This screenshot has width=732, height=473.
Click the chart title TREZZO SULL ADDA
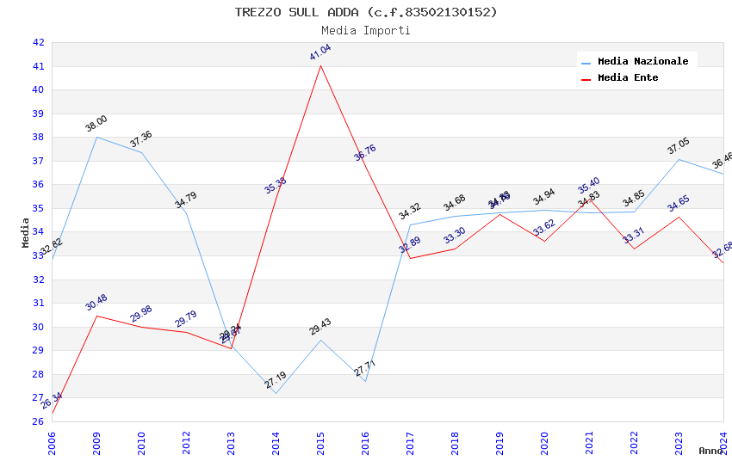(x=366, y=12)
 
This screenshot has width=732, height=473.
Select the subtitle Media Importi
(x=366, y=30)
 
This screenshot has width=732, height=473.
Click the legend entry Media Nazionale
(x=642, y=61)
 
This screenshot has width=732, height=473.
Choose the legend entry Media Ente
(x=628, y=77)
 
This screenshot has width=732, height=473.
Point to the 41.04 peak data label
(x=320, y=52)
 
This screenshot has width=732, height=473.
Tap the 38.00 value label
(x=96, y=123)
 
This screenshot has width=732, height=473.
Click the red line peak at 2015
(x=321, y=65)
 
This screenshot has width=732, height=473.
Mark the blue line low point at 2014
(x=276, y=393)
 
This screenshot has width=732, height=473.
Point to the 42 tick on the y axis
(x=38, y=42)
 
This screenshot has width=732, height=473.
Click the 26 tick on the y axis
(x=38, y=421)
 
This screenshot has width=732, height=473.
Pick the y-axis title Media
(x=26, y=232)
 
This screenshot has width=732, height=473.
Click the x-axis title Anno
(x=710, y=451)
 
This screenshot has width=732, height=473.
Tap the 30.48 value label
(x=96, y=302)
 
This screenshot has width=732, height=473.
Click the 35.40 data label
(x=589, y=186)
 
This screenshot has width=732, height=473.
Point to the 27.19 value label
(x=276, y=380)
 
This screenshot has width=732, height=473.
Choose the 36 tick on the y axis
(x=38, y=184)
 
